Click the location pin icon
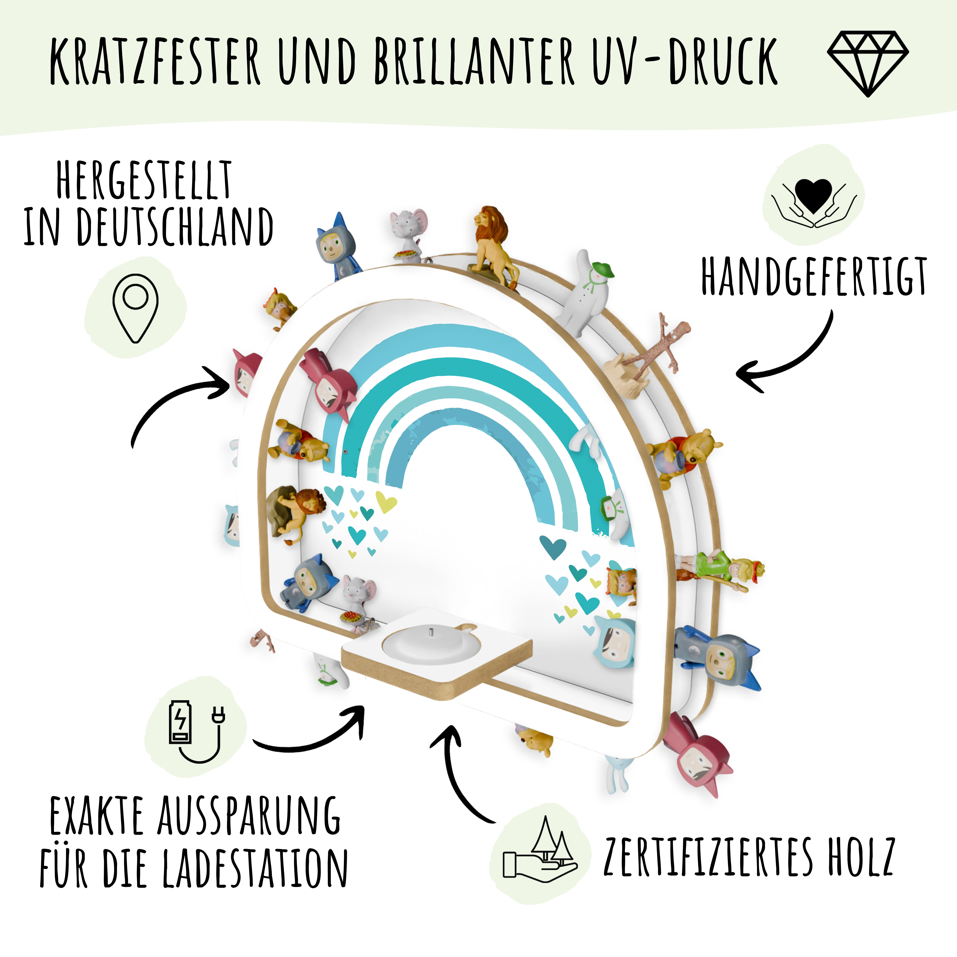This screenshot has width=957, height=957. point(135,308)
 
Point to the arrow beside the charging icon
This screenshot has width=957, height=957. point(317,738)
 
